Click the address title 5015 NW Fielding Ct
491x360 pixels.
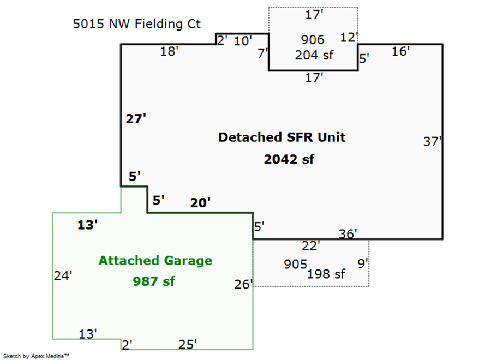point(137,24)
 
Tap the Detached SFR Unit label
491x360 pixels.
point(282,137)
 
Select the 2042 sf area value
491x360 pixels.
point(289,159)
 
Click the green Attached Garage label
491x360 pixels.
point(155,260)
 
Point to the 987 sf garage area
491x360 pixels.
point(154,281)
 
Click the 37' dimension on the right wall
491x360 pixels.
point(433,141)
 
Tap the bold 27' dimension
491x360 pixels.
point(136,119)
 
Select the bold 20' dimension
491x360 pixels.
point(200,203)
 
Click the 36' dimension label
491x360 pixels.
point(348,234)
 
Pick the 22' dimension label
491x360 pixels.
point(311,246)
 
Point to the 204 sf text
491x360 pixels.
point(314,55)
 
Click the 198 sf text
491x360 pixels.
point(326,274)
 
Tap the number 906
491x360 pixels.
point(313,40)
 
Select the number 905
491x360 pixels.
point(295,264)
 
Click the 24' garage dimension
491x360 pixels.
point(63,276)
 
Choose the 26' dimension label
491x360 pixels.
point(243,284)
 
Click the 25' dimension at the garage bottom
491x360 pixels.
point(188,344)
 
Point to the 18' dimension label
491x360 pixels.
point(170,51)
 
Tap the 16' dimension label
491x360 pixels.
point(401,51)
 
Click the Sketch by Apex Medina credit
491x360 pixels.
point(36,356)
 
